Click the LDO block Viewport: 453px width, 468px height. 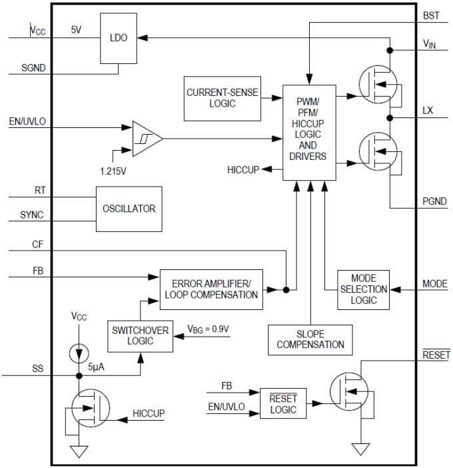[x=118, y=39]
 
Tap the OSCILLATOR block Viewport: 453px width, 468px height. [x=129, y=209]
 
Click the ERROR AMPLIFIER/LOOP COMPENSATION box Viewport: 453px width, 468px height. [x=211, y=289]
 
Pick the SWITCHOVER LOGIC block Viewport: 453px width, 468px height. [x=140, y=335]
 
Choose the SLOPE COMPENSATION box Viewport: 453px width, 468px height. [x=310, y=339]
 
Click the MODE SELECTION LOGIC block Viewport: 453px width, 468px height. [x=363, y=289]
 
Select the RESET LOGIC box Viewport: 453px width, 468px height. [x=283, y=404]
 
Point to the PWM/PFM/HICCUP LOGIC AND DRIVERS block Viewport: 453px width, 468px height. [x=308, y=133]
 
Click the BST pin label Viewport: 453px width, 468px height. [x=431, y=14]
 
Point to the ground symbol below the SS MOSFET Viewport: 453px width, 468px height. [x=79, y=451]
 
